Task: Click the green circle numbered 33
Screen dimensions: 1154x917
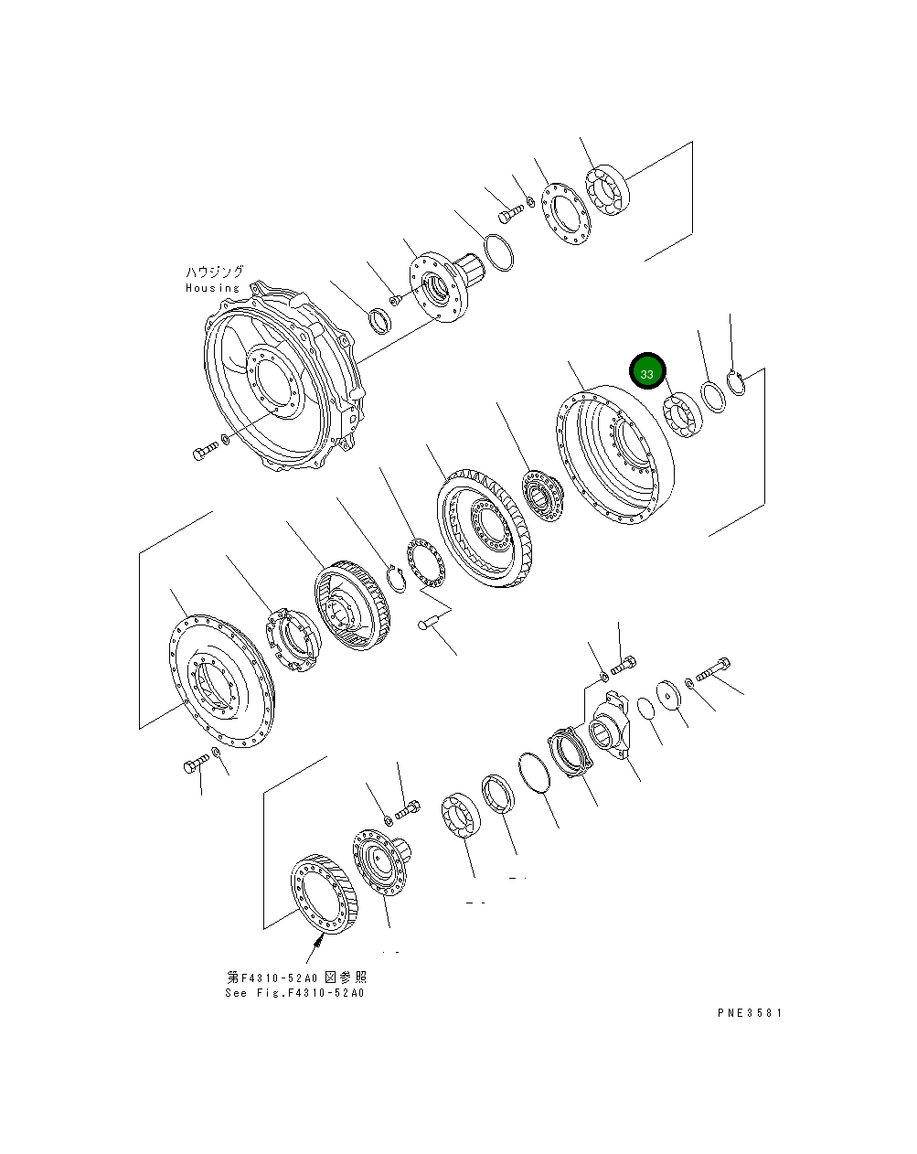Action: tap(647, 373)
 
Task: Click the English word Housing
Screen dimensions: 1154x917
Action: tap(212, 288)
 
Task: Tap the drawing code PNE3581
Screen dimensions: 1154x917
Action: tap(750, 1012)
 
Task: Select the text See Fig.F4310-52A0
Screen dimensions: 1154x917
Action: tap(294, 993)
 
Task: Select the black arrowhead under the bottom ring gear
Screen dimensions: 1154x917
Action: tap(322, 937)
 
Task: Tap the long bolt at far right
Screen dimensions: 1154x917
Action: tap(713, 670)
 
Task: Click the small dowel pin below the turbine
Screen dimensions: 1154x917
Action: tap(429, 625)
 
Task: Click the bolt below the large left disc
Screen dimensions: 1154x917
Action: tap(196, 765)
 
